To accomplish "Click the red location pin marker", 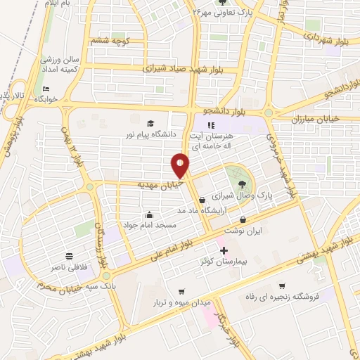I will [180, 166].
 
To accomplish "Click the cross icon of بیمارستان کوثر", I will [224, 250].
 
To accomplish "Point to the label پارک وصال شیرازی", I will [243, 195].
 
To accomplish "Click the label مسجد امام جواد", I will [150, 225].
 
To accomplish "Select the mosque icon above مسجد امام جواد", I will [150, 214].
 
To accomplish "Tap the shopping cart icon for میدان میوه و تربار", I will [181, 292].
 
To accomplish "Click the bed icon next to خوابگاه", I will [46, 89].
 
